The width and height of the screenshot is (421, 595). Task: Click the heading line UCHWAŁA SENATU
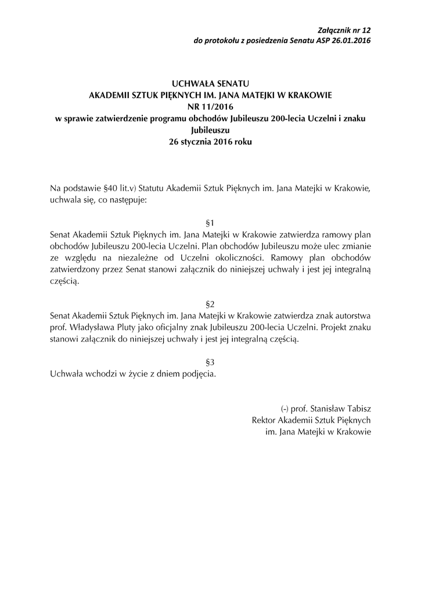coord(210,84)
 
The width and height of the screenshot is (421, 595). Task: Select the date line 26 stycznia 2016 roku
coord(210,141)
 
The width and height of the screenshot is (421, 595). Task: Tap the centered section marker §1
coord(210,223)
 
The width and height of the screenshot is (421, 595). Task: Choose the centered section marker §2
coord(210,303)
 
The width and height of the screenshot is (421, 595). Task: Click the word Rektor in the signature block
coord(264,420)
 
